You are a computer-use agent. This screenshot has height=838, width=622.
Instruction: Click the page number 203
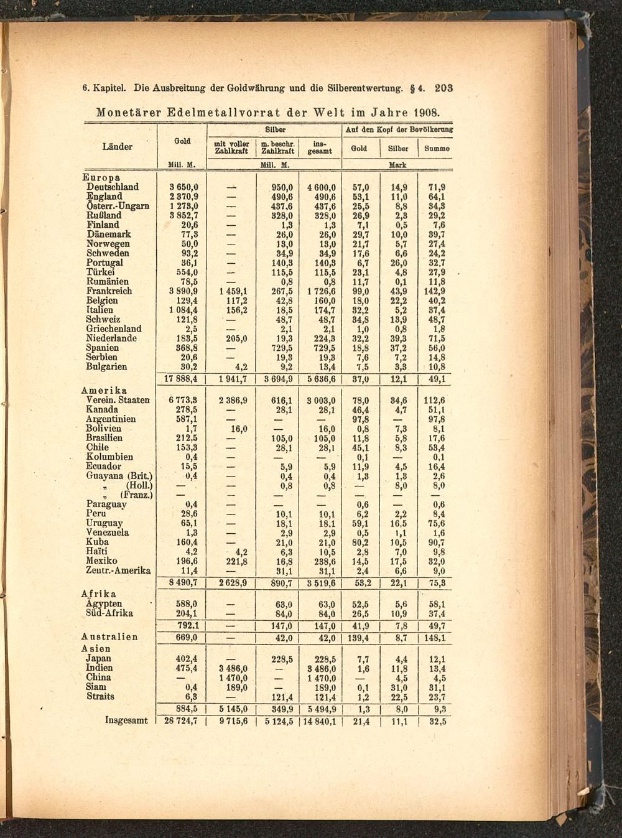point(443,89)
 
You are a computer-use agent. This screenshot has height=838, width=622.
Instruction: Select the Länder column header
point(118,147)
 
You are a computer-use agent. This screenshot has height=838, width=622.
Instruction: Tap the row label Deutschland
point(113,187)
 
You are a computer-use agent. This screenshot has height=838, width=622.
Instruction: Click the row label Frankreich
point(109,291)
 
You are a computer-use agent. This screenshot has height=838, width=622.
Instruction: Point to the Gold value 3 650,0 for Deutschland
point(183,187)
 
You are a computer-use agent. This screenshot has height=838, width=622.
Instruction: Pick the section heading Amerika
point(104,390)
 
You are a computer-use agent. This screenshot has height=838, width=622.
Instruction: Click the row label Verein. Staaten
point(118,400)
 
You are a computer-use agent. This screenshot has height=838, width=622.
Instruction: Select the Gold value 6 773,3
point(183,400)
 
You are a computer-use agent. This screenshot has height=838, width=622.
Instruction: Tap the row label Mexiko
point(101,561)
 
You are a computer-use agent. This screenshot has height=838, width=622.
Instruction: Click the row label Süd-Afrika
point(109,613)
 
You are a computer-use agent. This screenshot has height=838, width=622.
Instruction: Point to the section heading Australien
point(109,637)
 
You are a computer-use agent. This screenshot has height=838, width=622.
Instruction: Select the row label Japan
point(98,659)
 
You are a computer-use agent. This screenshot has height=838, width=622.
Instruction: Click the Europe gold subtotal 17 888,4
point(181,379)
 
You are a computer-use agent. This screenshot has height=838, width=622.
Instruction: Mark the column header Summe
point(437,149)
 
